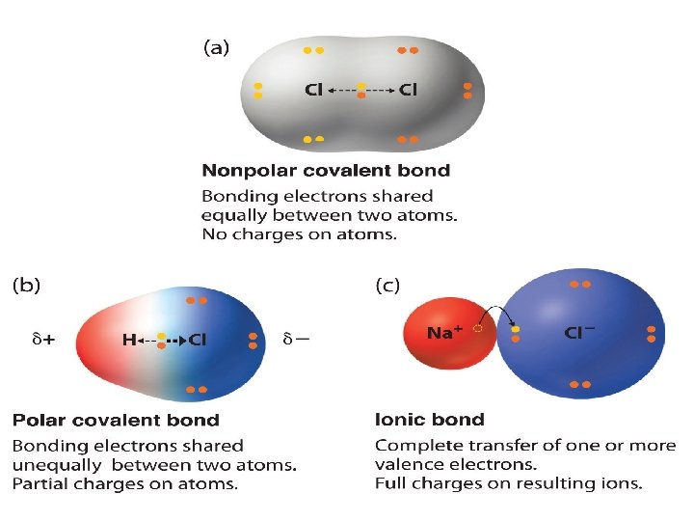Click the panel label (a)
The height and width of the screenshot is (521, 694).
(x=215, y=48)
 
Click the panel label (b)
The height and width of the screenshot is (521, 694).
(x=26, y=285)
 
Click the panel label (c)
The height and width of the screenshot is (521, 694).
(x=387, y=285)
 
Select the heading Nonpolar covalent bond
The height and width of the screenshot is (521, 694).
(x=325, y=171)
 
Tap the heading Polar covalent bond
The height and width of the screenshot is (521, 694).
(x=116, y=420)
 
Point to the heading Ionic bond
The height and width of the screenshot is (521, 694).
(x=429, y=420)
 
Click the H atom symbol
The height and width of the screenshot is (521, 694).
(x=128, y=340)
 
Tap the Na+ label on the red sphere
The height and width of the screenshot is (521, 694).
(x=445, y=333)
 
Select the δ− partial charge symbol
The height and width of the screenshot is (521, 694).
(x=296, y=340)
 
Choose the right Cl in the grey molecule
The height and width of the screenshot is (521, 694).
(x=408, y=91)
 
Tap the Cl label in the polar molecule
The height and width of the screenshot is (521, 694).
(x=197, y=340)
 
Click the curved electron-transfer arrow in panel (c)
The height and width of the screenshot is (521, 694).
(x=498, y=314)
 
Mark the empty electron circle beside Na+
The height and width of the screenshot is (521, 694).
(x=478, y=329)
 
